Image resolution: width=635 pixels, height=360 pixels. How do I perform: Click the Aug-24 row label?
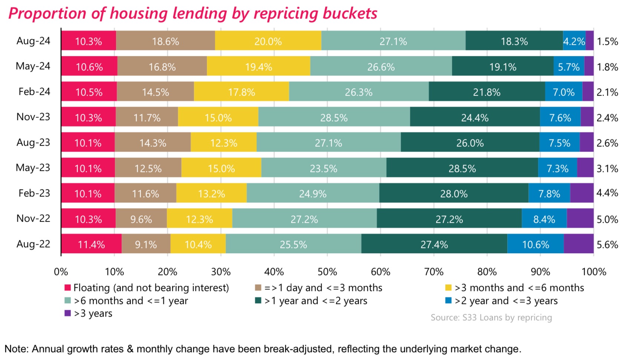point(33,41)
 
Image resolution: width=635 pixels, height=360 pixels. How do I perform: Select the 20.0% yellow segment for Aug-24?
point(268,41)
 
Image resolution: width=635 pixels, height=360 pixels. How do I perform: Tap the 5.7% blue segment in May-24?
point(569,66)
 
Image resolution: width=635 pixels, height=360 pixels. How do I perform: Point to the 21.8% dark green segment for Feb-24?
point(487,92)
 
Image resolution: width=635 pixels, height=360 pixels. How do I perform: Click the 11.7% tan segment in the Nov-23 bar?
point(147,117)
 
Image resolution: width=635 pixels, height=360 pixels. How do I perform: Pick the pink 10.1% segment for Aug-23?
point(88,142)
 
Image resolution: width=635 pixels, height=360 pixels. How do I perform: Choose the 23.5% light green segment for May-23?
point(323,168)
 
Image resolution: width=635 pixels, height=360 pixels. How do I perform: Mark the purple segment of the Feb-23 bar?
point(582,193)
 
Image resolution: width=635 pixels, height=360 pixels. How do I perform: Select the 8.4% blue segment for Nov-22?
point(544,219)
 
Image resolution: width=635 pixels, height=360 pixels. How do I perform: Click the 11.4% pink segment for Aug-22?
point(91,244)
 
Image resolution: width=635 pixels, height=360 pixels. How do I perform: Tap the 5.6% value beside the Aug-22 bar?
point(607,245)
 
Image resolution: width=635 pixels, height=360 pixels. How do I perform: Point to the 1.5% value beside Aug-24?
point(607,41)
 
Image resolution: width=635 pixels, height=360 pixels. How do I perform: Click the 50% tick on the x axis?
point(327,272)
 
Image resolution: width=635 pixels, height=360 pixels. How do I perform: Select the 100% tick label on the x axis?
point(593,272)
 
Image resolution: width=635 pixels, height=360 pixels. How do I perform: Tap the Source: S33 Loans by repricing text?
point(491,317)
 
